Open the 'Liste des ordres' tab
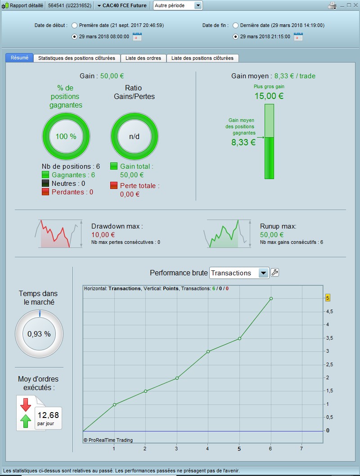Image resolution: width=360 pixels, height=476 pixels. click(x=144, y=58)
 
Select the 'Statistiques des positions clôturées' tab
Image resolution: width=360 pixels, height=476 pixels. click(x=77, y=58)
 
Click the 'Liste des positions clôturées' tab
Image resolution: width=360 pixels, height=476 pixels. click(x=202, y=58)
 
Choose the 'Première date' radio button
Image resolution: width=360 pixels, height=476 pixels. click(x=74, y=26)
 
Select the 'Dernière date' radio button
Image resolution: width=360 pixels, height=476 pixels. click(x=235, y=26)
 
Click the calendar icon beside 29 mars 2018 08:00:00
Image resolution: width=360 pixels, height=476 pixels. click(x=137, y=36)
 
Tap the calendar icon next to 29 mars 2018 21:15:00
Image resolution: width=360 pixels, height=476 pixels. click(x=298, y=36)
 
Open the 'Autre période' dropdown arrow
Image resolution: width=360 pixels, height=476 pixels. click(x=198, y=5)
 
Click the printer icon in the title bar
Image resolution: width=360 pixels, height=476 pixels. click(x=332, y=5)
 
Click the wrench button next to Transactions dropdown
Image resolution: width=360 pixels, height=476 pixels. click(x=274, y=273)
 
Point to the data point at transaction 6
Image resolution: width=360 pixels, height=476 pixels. click(x=271, y=298)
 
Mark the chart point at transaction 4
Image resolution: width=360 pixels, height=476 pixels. click(x=208, y=351)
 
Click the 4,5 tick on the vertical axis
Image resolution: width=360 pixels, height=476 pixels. click(x=329, y=311)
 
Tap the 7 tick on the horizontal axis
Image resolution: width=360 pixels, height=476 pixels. click(x=301, y=449)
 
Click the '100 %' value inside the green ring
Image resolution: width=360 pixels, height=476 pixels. click(x=66, y=136)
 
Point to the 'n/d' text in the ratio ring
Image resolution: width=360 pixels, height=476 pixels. click(x=135, y=136)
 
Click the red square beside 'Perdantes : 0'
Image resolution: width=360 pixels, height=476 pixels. click(x=45, y=192)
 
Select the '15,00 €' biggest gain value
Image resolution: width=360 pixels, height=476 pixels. click(x=269, y=96)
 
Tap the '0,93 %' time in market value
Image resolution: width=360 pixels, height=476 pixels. click(x=39, y=334)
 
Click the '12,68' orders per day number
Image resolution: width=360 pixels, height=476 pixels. click(x=48, y=415)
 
